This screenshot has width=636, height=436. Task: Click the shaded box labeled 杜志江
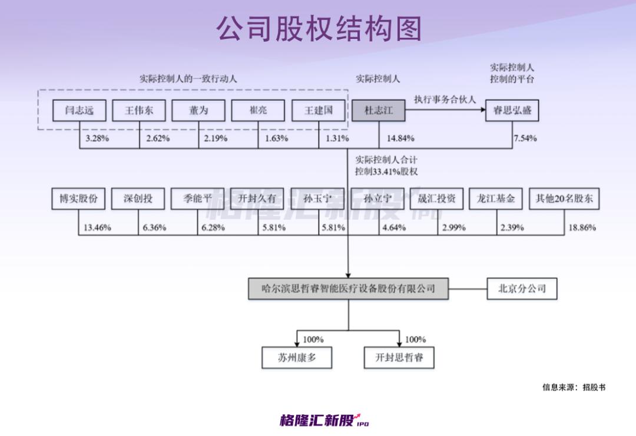click(378, 110)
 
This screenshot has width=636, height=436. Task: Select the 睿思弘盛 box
click(512, 110)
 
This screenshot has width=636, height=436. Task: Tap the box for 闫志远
click(79, 110)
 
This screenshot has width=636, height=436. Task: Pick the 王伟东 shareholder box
click(138, 110)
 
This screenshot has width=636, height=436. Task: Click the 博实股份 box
click(78, 199)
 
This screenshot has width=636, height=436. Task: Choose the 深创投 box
click(138, 199)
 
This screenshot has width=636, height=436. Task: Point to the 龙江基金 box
click(496, 199)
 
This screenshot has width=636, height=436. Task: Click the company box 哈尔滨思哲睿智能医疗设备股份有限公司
click(348, 289)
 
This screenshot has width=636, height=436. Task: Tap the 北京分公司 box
click(522, 289)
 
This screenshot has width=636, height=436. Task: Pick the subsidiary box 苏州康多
click(297, 357)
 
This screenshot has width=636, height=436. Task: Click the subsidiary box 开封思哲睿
click(399, 357)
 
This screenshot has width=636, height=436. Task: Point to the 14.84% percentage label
click(400, 138)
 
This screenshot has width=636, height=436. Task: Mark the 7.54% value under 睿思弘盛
click(525, 138)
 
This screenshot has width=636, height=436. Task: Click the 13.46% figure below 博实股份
click(97, 227)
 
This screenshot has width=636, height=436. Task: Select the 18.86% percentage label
click(581, 227)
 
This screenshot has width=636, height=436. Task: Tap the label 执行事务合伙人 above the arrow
click(445, 100)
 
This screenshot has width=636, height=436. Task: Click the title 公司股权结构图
click(319, 28)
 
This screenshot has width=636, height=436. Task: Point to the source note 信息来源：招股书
click(574, 387)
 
